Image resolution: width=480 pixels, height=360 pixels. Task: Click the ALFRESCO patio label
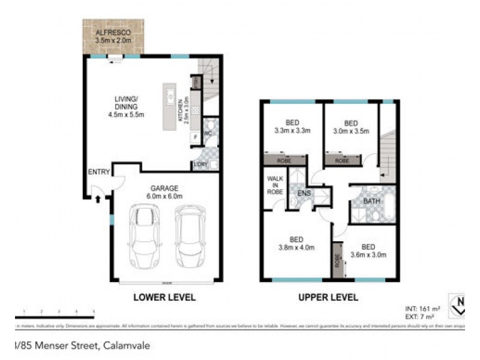pos(113,36)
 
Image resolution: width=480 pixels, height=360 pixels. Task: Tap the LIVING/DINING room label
pos(127,107)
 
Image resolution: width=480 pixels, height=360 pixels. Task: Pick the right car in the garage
pos(190,238)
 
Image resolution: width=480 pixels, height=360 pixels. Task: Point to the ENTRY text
pos(99,172)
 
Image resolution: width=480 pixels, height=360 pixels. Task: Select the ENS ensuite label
pos(304,193)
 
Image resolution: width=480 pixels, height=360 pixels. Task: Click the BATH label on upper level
pos(371,201)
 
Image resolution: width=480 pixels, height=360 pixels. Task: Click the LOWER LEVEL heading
pos(164,297)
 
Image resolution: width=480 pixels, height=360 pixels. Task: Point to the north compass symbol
pos(460,305)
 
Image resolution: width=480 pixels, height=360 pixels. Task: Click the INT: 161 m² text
pos(422,308)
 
